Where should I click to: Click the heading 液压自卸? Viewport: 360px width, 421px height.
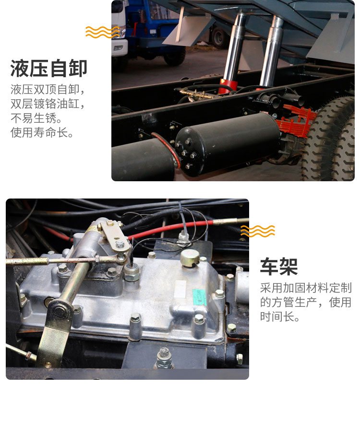pos(48,69)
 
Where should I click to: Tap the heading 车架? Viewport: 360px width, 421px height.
pos(279,267)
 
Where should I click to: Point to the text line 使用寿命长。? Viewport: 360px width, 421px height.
pos(42,132)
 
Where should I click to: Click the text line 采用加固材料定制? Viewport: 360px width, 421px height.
pos(306,288)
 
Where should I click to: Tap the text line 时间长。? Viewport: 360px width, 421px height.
pos(280,316)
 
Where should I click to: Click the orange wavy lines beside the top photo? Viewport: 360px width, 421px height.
pos(103,32)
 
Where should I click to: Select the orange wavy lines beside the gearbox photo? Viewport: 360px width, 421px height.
pos(258,231)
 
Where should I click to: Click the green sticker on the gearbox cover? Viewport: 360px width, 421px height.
pos(200,297)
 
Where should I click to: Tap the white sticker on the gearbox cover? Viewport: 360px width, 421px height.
pos(180,289)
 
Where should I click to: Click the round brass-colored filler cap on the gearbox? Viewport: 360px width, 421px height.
pos(190,257)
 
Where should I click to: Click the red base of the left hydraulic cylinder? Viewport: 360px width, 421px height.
pos(228,86)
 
